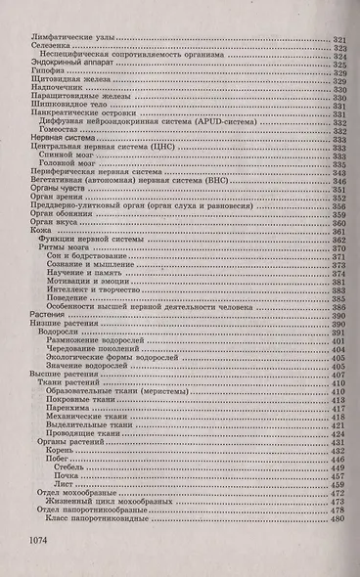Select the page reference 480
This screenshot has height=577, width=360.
coord(338,517)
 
